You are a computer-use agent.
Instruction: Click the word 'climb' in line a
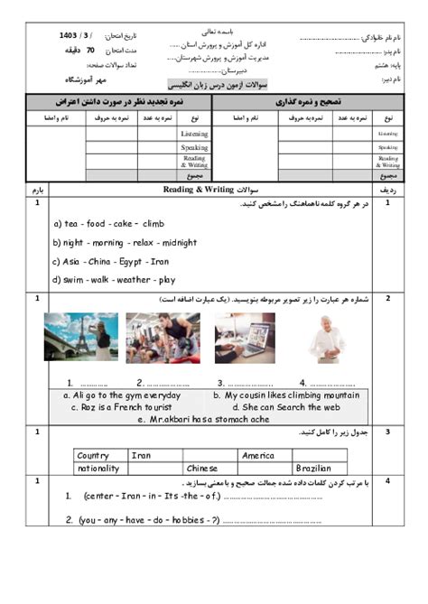154,224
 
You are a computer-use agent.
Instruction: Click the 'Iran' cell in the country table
142,456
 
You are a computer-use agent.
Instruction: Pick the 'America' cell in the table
258,456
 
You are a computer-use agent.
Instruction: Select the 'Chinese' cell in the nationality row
202,469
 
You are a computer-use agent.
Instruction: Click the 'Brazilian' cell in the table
315,469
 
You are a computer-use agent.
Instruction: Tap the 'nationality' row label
98,469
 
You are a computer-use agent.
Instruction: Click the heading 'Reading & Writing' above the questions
197,190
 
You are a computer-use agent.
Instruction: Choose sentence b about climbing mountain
285,395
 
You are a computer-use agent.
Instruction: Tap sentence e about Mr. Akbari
203,419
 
